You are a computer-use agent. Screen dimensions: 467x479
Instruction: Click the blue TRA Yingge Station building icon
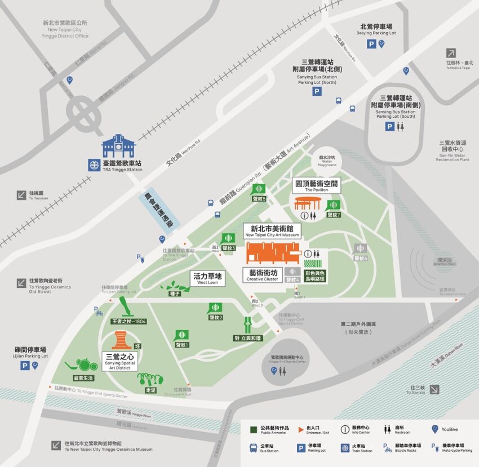point(118,146)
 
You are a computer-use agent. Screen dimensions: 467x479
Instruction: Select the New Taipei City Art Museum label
point(272,230)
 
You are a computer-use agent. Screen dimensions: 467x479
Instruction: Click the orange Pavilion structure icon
point(308,202)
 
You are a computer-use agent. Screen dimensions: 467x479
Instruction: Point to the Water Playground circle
point(327,161)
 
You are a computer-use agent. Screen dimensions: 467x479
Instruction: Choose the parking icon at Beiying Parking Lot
point(371,43)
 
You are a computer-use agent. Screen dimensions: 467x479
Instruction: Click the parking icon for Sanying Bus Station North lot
point(317,91)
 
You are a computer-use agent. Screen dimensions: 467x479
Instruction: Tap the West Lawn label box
point(208,278)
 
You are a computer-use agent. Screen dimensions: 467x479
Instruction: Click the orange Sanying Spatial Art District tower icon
point(119,340)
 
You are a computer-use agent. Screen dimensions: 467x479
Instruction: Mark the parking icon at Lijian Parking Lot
point(25,366)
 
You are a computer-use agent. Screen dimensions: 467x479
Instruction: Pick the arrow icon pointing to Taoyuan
point(21,195)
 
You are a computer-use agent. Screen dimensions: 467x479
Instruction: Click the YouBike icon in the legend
point(435,429)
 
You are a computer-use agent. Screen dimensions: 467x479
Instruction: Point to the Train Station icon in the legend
point(344,448)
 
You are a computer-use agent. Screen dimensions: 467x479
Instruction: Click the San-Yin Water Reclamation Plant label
point(453,151)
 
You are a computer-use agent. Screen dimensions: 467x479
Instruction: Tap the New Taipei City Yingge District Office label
point(65,29)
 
